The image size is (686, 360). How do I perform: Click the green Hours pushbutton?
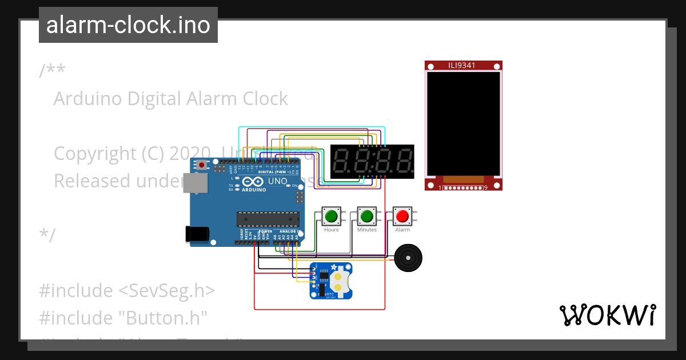click(x=332, y=216)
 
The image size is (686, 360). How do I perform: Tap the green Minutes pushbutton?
click(x=367, y=216)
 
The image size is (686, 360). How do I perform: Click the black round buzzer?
click(x=409, y=259)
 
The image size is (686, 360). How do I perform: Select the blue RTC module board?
click(x=331, y=281)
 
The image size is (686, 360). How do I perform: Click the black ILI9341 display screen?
click(x=464, y=123)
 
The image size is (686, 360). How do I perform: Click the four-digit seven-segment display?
click(x=373, y=162)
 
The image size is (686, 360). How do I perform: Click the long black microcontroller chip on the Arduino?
click(x=268, y=219)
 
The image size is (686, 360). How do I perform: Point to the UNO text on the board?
click(x=278, y=181)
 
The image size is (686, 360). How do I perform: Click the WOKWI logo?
click(x=607, y=315)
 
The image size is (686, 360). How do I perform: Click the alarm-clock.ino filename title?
click(x=128, y=25)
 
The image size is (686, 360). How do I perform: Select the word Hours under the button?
click(x=332, y=230)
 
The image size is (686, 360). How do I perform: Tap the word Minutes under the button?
click(x=367, y=230)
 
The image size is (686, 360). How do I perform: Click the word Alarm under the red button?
click(x=402, y=230)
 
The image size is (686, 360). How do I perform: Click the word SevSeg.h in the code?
click(x=166, y=290)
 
